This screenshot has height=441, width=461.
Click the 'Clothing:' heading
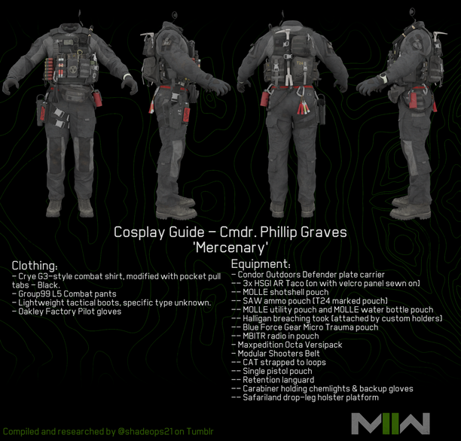(35, 266)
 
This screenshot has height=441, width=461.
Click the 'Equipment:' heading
(261, 264)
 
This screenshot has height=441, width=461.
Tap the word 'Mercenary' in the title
(230, 248)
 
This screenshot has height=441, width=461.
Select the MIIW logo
(390, 424)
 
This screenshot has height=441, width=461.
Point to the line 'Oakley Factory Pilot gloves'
(70, 312)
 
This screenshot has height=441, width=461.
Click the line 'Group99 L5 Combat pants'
(67, 293)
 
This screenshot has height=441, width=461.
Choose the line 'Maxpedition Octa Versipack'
(289, 345)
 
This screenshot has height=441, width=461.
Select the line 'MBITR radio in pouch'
(280, 336)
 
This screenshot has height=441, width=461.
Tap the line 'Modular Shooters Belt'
(279, 354)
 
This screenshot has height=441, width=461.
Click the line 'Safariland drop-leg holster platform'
(310, 397)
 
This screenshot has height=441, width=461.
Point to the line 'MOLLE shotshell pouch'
(285, 292)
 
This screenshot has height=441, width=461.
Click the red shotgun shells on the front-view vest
(49, 67)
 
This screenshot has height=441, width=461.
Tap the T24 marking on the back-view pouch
(300, 63)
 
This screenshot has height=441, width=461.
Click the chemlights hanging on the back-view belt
(304, 107)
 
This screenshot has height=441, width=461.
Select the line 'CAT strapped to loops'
(284, 362)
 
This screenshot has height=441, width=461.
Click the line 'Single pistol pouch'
(277, 371)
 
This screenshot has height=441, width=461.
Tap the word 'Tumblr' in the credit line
(200, 432)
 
